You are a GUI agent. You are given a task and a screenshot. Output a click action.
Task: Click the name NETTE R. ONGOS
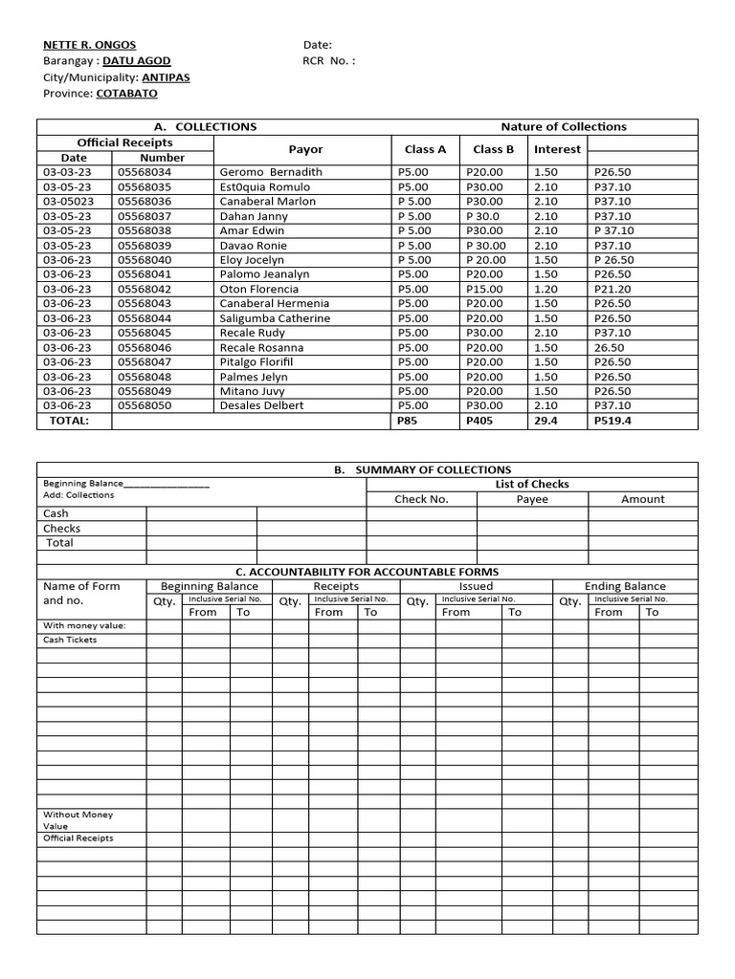pos(89,45)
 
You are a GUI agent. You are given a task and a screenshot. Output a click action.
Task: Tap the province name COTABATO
pos(126,94)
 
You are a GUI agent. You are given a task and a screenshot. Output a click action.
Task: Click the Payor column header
pos(305,149)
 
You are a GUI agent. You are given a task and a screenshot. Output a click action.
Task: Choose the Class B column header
pos(493,149)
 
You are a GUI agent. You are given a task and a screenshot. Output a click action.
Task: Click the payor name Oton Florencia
pos(258,289)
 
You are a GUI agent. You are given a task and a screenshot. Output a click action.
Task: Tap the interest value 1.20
pos(546,289)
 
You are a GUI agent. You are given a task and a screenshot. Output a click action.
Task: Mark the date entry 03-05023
pos(68,202)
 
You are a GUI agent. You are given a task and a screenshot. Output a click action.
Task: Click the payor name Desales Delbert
pos(261,405)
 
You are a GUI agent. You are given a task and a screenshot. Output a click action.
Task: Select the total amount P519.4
pos(612,421)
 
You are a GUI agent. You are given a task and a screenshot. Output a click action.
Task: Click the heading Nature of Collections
pos(564,126)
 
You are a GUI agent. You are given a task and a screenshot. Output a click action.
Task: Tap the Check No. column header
pos(421,499)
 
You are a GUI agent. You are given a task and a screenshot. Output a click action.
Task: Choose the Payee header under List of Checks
pos(532,499)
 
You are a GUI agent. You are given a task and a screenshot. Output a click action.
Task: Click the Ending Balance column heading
pos(625,586)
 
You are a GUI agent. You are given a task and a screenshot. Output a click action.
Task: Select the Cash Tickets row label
pos(70,640)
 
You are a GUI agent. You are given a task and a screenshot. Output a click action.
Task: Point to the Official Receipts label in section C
pos(78,838)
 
